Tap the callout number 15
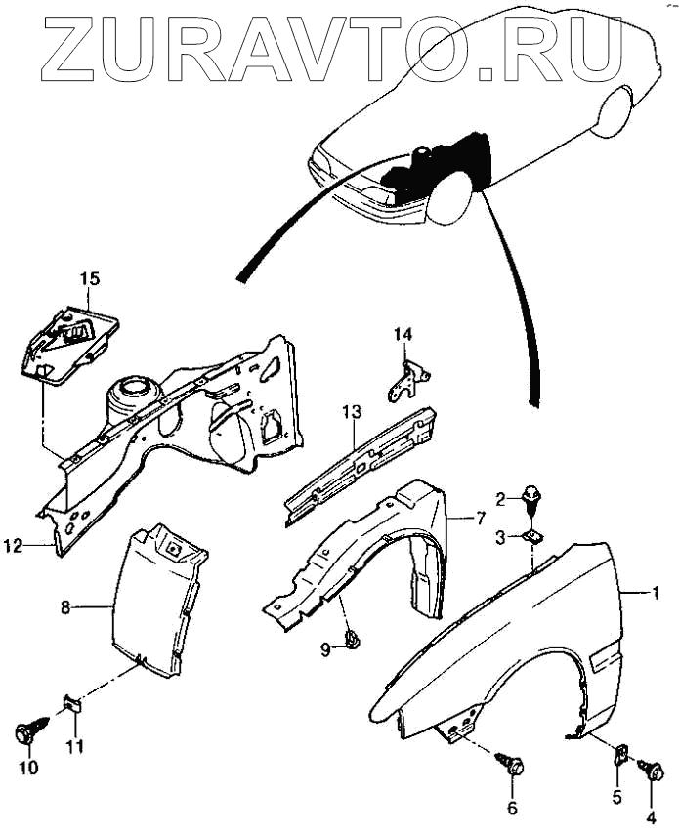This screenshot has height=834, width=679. (89, 279)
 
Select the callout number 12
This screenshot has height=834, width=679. (12, 547)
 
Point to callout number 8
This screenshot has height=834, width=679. (65, 606)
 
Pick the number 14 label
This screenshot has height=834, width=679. (403, 335)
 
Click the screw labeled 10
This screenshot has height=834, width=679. (27, 730)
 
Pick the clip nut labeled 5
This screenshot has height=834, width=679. (619, 753)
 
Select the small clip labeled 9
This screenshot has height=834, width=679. (353, 640)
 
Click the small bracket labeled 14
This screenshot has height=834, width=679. (409, 382)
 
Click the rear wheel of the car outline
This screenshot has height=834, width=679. (615, 110)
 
